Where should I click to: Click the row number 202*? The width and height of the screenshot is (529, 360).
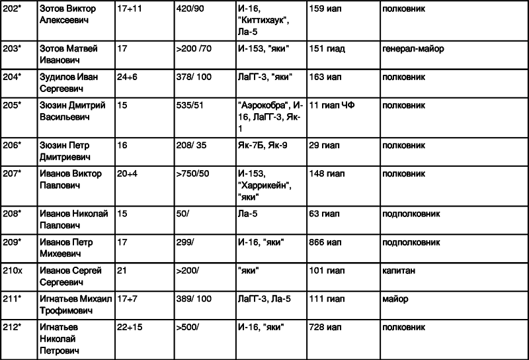pos(12,9)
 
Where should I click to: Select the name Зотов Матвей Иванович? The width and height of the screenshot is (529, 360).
pos(69,54)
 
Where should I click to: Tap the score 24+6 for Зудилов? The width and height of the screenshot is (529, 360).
pos(127,77)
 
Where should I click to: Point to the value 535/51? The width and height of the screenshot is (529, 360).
pos(190,105)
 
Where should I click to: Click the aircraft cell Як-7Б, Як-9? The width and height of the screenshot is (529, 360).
pos(263,145)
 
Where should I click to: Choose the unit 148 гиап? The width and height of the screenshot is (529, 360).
pos(327,173)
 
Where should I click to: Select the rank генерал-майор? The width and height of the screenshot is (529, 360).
pos(413,49)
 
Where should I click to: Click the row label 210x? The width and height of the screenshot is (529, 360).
pos(13,271)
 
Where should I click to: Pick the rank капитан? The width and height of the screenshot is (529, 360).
pos(399,271)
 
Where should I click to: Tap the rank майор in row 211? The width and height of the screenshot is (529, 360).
pos(395,299)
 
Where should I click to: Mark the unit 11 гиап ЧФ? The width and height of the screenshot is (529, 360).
pos(332,105)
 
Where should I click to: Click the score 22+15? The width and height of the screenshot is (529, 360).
pos(130,327)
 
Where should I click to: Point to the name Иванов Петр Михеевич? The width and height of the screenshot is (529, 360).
pos(66,248)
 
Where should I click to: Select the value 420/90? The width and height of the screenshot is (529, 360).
pos(190,9)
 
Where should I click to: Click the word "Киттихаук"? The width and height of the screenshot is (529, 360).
pos(263,21)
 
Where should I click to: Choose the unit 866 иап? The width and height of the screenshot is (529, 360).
pos(325,242)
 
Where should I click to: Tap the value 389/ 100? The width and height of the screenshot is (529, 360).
pos(194,299)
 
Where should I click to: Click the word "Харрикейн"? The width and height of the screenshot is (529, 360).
pos(265,185)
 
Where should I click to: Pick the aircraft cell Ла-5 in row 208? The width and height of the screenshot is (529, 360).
pos(247,214)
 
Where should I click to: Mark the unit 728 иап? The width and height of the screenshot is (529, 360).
pos(325,327)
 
